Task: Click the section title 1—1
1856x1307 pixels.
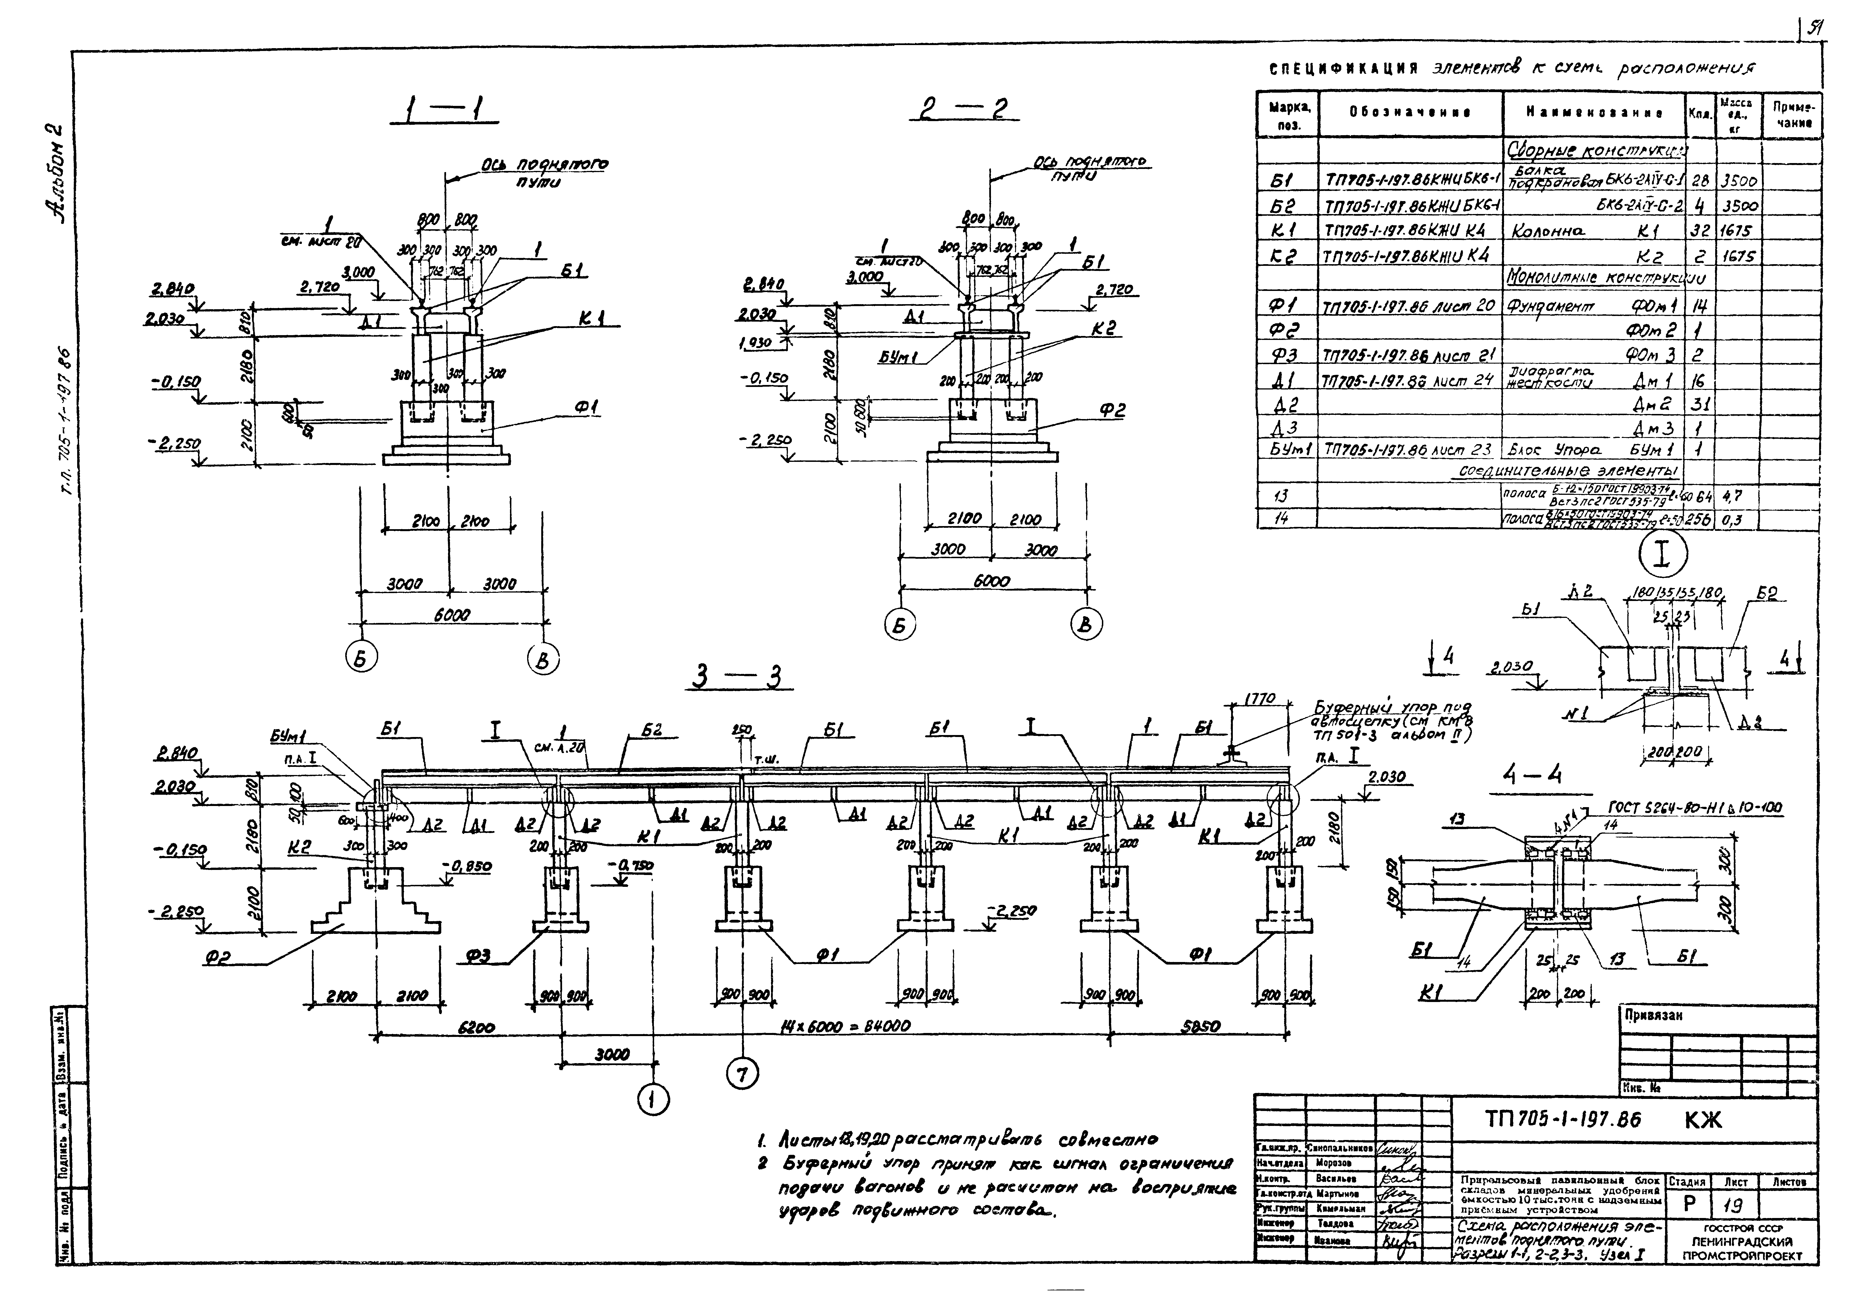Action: pos(444,112)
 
